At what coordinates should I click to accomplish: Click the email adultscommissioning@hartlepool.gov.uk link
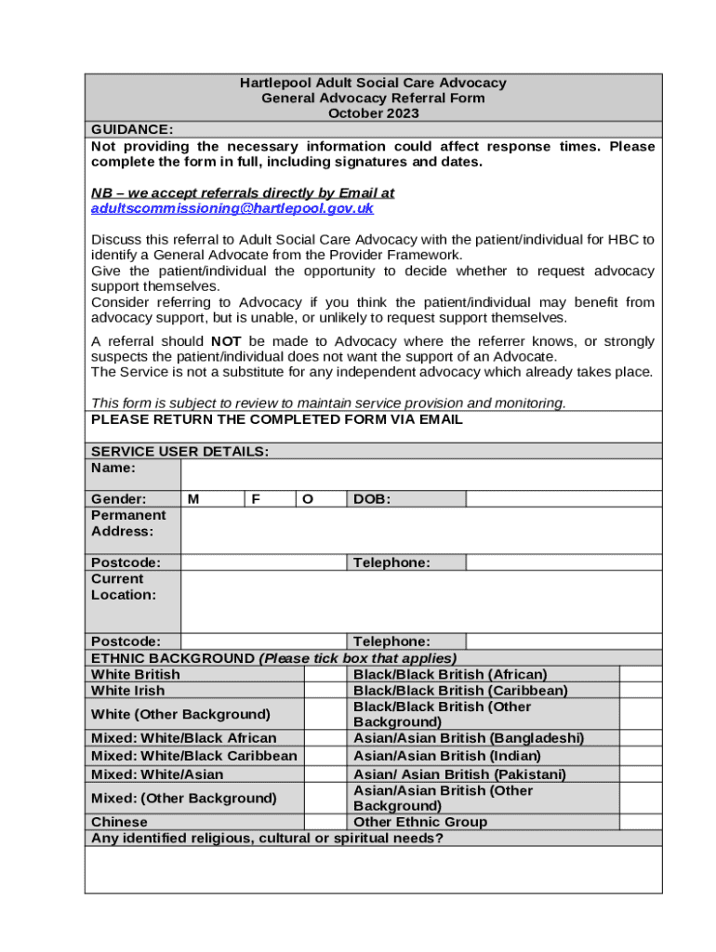point(232,209)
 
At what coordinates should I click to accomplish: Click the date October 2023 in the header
point(373,113)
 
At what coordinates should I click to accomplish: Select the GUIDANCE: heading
point(131,129)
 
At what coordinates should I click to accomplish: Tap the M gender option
point(192,499)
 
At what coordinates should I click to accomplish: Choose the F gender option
point(255,499)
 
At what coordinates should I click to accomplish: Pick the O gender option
point(308,499)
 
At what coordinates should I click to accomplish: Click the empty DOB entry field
point(563,499)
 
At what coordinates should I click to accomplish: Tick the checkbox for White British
point(325,674)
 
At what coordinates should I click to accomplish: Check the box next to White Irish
point(325,691)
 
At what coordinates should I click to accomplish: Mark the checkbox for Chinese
point(325,822)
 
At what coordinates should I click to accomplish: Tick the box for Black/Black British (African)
point(641,674)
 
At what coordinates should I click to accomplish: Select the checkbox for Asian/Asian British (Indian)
point(641,756)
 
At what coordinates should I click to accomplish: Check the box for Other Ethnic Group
point(641,822)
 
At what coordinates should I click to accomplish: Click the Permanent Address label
point(128,523)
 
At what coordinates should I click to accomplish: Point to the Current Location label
point(124,587)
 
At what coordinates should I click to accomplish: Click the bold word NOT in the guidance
point(226,341)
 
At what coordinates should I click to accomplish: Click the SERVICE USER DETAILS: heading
point(179,451)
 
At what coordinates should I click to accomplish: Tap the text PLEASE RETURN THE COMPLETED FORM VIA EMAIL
point(276,419)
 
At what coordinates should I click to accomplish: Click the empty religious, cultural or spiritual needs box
point(373,869)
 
